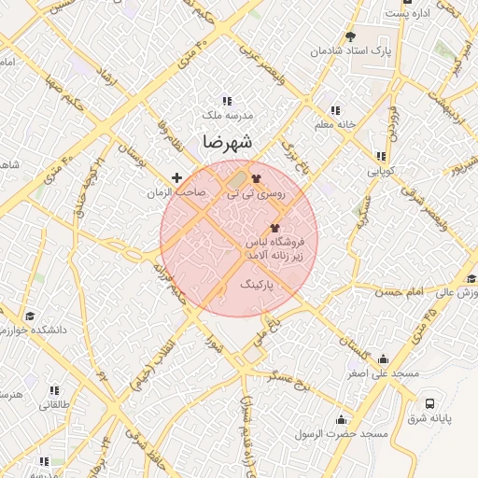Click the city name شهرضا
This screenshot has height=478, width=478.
[x=227, y=143]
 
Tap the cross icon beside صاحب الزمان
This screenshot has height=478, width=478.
[x=176, y=177]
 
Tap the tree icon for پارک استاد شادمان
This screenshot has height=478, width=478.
[x=350, y=37]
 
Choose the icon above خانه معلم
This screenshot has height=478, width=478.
[x=335, y=110]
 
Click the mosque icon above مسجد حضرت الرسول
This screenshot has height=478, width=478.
[x=340, y=419]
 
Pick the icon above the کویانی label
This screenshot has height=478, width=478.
[x=380, y=157]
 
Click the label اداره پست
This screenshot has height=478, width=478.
[x=411, y=14]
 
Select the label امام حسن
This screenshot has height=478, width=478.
[x=429, y=292]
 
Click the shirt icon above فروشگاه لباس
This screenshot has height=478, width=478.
[x=274, y=228]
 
